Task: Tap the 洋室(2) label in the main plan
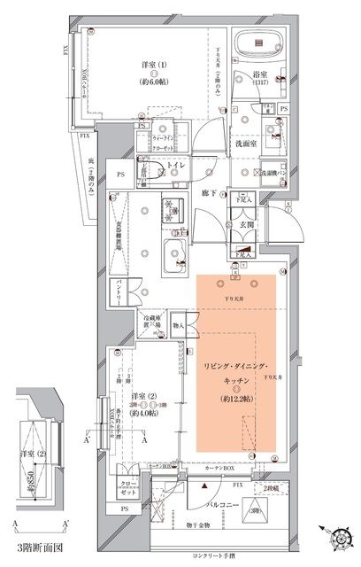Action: pos(141,397)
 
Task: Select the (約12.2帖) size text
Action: pos(236,396)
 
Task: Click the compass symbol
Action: pos(340,539)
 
